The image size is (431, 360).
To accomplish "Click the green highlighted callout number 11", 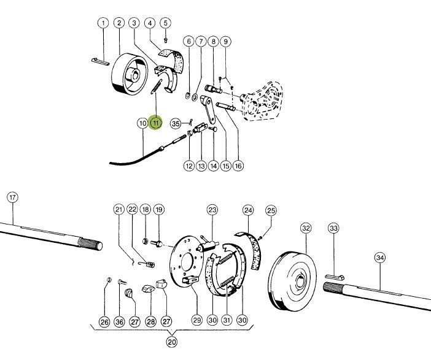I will pos(156,123).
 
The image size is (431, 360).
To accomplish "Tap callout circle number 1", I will pos(103,23).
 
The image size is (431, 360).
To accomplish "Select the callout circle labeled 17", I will pos(13,197).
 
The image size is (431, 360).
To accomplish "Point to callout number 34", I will pos(380,258).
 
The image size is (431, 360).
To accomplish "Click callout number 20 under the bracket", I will pos(172,342).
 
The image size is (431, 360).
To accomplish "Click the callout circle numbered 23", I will pos(212,210).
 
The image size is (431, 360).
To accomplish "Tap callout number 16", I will pos(238,166).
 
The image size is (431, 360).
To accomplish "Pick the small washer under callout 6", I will pos(187,96).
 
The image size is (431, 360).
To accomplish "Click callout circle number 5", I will pos(165,23).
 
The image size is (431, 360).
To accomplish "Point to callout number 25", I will pos(271,211).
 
